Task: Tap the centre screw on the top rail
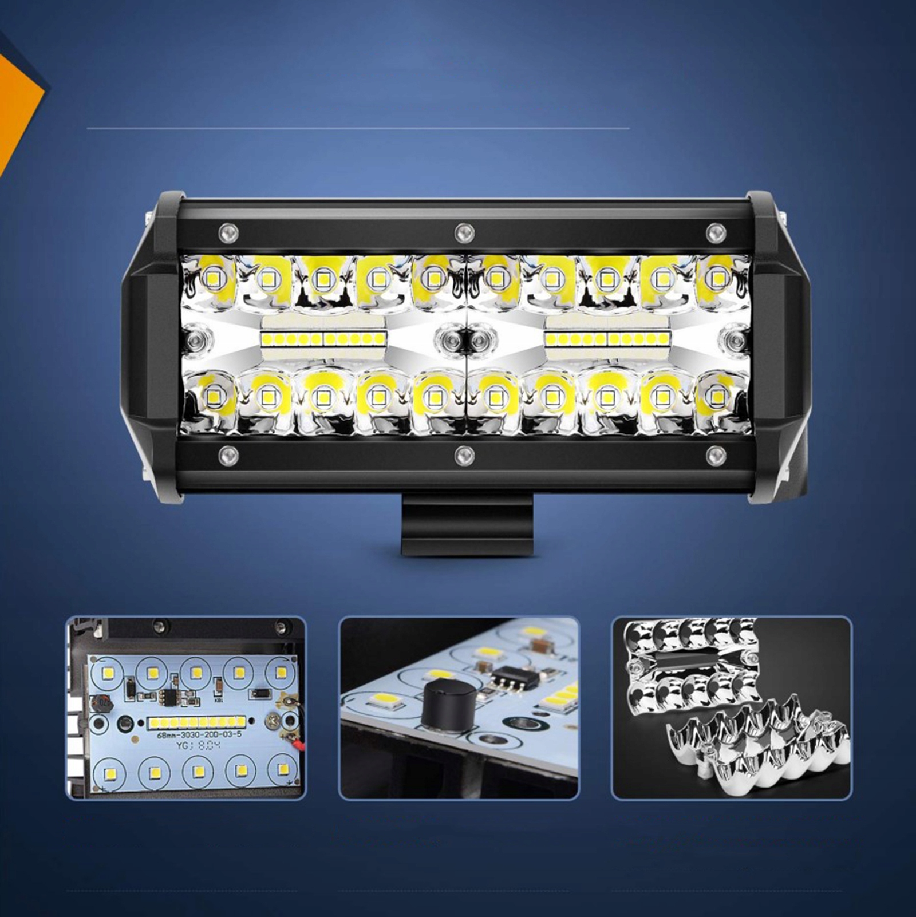[464, 233]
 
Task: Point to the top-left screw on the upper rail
[228, 232]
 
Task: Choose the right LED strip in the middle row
[607, 339]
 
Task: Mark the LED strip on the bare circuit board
[196, 722]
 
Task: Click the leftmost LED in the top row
[211, 279]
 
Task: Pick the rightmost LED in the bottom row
[716, 396]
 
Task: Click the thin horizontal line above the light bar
[358, 128]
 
